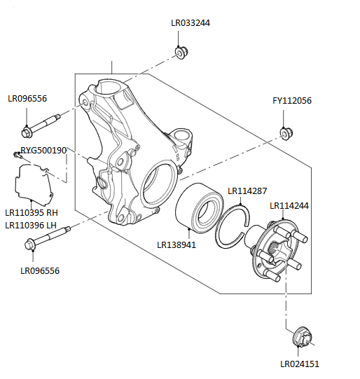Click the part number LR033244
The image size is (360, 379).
pyautogui.click(x=191, y=22)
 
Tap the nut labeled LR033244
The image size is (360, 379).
pyautogui.click(x=180, y=53)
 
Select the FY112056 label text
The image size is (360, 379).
pyautogui.click(x=292, y=101)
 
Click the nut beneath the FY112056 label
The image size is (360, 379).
pyautogui.click(x=285, y=132)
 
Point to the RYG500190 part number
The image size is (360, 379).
pyautogui.click(x=43, y=150)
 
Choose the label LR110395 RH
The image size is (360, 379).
pyautogui.click(x=32, y=212)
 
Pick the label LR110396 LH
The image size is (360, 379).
pyautogui.click(x=31, y=225)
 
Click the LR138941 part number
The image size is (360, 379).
pyautogui.click(x=177, y=244)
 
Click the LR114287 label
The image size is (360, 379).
pyautogui.click(x=247, y=190)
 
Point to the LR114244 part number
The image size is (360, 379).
pyautogui.click(x=289, y=206)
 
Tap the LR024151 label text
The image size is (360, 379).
pyautogui.click(x=300, y=364)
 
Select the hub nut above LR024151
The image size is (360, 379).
pyautogui.click(x=302, y=337)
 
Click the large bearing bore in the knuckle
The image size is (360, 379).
pyautogui.click(x=158, y=186)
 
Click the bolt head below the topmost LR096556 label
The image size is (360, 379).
pyautogui.click(x=27, y=131)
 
